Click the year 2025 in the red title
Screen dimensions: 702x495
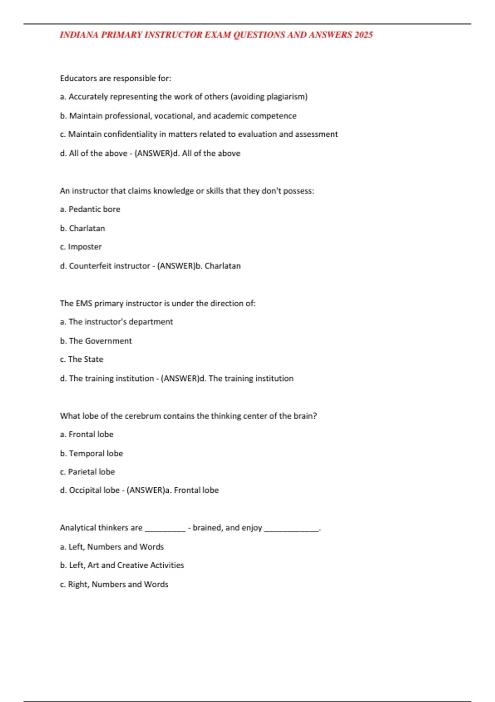(363, 35)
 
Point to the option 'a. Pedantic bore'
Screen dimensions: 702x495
(90, 209)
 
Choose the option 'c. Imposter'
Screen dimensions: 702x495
(80, 247)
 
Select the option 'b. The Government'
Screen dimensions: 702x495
(96, 341)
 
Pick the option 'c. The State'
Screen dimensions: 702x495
(82, 359)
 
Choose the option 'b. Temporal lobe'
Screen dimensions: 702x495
(91, 453)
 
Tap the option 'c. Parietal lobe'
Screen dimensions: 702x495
(87, 472)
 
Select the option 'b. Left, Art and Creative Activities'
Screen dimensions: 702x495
(122, 565)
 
